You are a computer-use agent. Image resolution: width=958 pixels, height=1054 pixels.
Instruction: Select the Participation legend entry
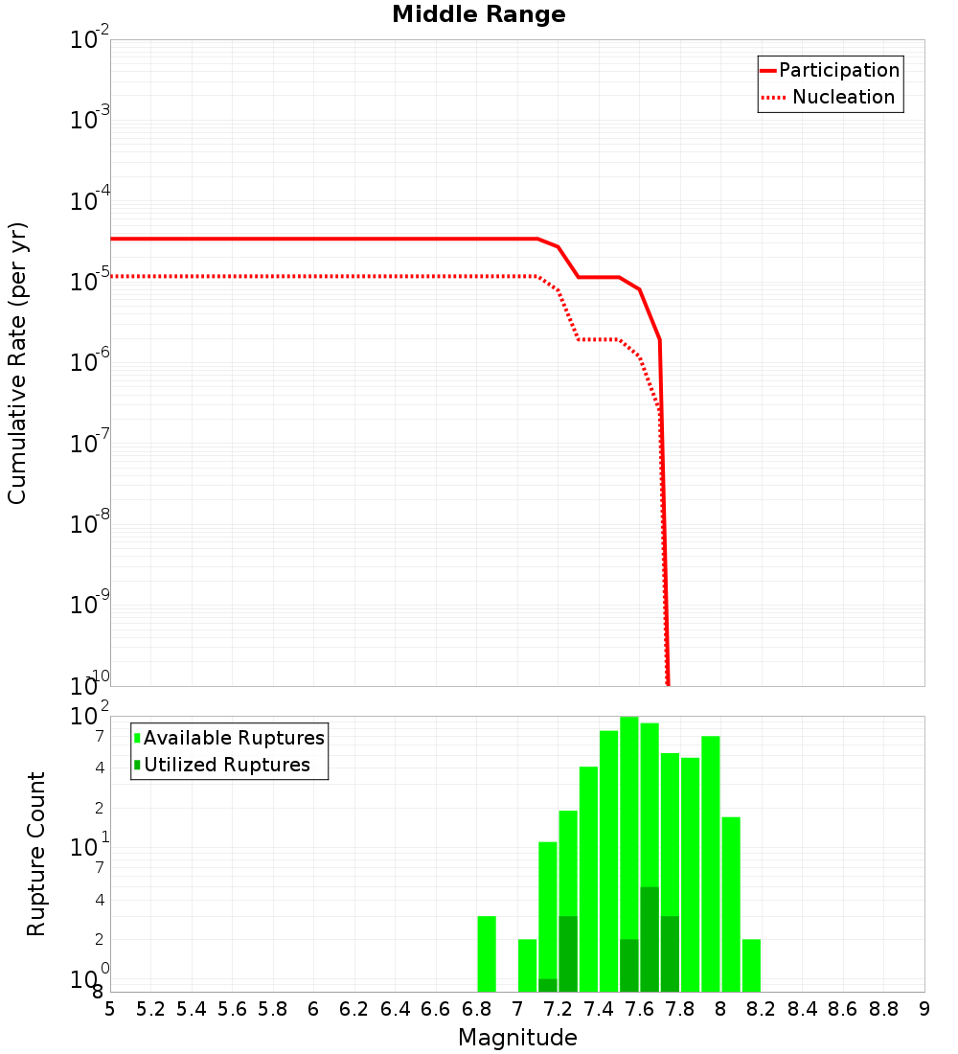(x=838, y=70)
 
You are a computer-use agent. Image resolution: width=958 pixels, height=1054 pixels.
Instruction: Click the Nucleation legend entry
(x=842, y=97)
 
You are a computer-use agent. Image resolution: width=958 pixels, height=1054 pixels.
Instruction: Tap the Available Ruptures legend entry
(x=233, y=738)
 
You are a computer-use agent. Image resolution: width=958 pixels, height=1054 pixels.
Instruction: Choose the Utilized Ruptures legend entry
(x=226, y=765)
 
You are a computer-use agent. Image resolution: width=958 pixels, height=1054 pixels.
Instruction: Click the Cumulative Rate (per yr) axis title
(x=17, y=362)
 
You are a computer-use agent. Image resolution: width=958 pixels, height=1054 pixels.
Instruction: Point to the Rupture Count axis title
(x=36, y=854)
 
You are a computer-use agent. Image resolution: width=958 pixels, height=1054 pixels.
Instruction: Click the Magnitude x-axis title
(x=517, y=1038)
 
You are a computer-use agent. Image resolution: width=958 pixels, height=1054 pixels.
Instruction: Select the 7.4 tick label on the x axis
(x=599, y=1009)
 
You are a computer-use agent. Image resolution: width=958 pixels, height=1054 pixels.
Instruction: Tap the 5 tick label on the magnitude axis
(x=110, y=1009)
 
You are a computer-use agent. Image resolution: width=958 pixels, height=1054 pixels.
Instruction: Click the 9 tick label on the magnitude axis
(x=924, y=1009)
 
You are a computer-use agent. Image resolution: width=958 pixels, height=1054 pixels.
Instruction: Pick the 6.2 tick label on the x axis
(x=354, y=1009)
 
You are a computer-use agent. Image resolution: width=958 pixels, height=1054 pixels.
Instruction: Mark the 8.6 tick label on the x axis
(x=843, y=1009)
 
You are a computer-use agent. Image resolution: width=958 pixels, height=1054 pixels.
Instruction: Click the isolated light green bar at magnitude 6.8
(x=487, y=954)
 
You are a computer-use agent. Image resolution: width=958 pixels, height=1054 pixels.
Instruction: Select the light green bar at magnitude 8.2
(x=751, y=965)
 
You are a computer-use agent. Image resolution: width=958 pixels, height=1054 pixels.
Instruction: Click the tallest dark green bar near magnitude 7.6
(x=650, y=939)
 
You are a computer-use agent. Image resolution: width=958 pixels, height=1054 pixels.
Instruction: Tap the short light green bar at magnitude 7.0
(x=527, y=965)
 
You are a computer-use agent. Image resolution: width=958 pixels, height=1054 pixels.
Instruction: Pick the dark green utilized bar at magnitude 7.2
(x=568, y=954)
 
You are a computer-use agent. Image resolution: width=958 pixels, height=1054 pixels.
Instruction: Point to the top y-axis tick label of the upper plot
(x=90, y=40)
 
